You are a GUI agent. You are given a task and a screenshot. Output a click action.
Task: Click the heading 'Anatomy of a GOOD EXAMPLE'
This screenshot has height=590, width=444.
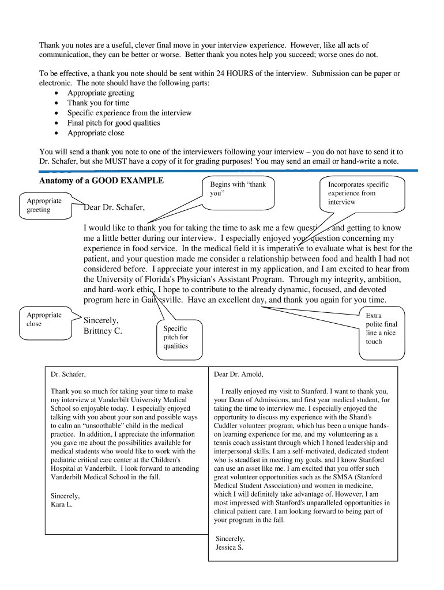(101, 180)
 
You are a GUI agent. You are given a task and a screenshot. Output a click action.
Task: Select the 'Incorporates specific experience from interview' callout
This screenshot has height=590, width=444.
(358, 193)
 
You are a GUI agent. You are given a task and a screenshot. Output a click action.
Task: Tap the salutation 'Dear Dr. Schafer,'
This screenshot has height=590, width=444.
(114, 207)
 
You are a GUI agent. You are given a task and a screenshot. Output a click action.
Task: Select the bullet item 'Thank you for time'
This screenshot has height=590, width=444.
(98, 103)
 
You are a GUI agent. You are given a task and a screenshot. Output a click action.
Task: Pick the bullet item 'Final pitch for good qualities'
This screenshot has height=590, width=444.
(114, 123)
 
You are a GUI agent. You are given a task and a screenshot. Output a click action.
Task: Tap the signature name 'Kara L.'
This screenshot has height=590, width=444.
(62, 505)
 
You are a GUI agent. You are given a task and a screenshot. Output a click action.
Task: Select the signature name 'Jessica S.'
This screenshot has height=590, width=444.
(229, 547)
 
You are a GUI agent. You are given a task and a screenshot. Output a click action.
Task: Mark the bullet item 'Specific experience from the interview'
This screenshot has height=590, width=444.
(129, 113)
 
